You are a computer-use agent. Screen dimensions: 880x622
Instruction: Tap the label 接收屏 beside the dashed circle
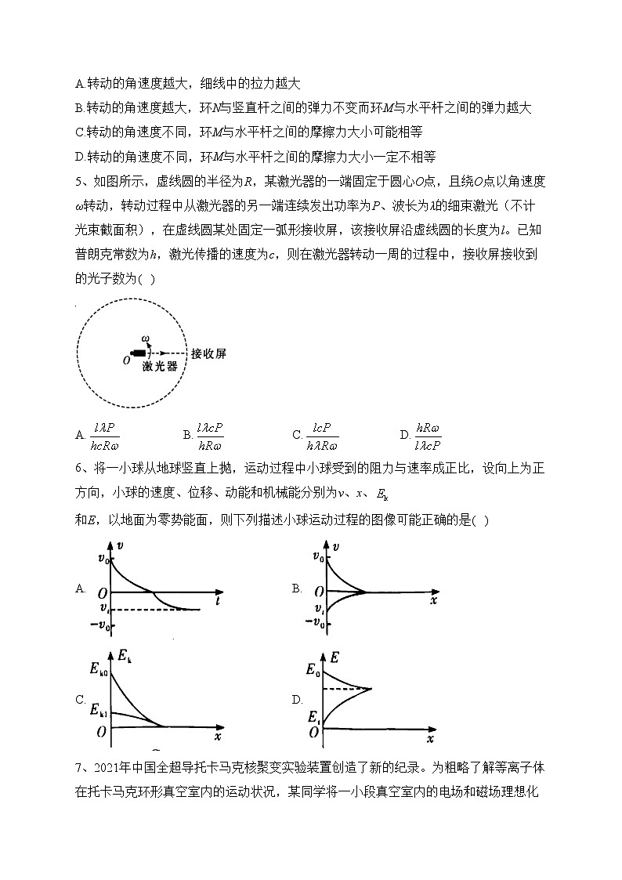tap(209, 354)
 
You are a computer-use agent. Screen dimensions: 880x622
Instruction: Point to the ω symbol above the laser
tap(145, 339)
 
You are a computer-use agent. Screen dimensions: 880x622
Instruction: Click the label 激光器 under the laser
tap(159, 367)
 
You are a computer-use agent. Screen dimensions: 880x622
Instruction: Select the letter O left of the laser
tap(118, 360)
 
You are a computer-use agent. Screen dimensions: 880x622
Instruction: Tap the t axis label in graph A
tap(216, 599)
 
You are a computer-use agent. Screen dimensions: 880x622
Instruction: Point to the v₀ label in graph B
tap(317, 559)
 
